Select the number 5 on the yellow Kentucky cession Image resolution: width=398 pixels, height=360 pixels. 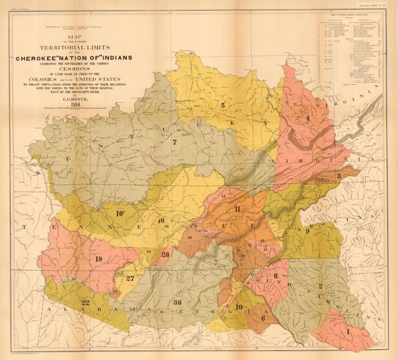click(x=223, y=105)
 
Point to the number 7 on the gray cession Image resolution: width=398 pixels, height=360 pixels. click(x=175, y=143)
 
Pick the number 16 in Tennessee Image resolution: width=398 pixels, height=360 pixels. click(x=161, y=220)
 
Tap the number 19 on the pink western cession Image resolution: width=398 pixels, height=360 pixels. click(x=98, y=259)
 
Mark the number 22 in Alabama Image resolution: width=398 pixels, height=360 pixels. click(x=85, y=302)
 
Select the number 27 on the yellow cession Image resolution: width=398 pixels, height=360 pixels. click(x=130, y=278)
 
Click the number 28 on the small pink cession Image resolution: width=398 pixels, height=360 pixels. click(x=165, y=254)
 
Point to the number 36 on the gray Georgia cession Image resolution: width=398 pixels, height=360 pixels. click(x=177, y=302)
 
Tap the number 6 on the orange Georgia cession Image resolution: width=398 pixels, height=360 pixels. click(x=264, y=317)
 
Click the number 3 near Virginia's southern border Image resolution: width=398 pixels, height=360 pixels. click(x=338, y=176)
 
